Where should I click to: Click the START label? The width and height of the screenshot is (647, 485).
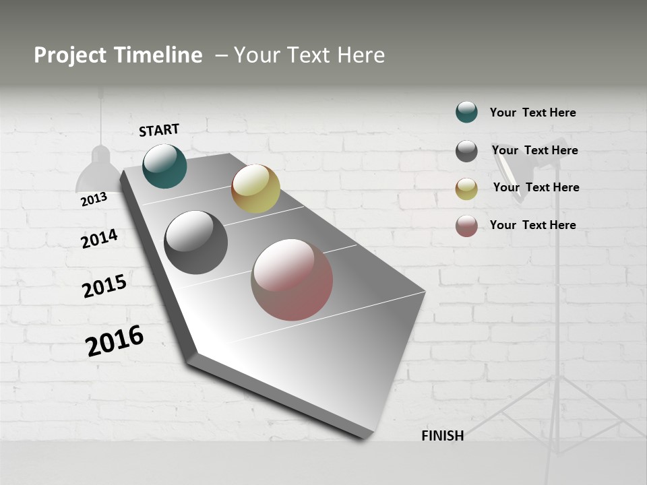point(159,130)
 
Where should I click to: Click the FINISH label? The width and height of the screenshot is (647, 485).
point(442,436)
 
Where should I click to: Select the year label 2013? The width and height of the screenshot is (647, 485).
point(94,199)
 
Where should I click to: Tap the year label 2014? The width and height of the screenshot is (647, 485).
point(99,238)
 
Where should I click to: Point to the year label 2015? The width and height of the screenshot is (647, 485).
point(104,286)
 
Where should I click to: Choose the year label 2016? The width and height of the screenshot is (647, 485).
point(115,340)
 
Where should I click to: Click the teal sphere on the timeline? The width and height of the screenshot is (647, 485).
point(164,166)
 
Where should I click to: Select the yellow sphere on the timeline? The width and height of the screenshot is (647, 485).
point(255,189)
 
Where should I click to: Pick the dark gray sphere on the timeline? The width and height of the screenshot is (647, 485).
point(195,243)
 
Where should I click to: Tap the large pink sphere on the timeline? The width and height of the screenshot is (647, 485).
point(292,280)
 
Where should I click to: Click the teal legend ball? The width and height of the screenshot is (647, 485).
point(466,112)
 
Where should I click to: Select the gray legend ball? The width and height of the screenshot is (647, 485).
point(466,151)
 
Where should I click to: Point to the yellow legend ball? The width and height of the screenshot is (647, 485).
point(466,189)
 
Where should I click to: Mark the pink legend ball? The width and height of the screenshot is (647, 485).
point(466,226)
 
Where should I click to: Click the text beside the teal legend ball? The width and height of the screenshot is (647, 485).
point(532,113)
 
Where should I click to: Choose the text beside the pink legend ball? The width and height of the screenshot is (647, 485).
point(532,225)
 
